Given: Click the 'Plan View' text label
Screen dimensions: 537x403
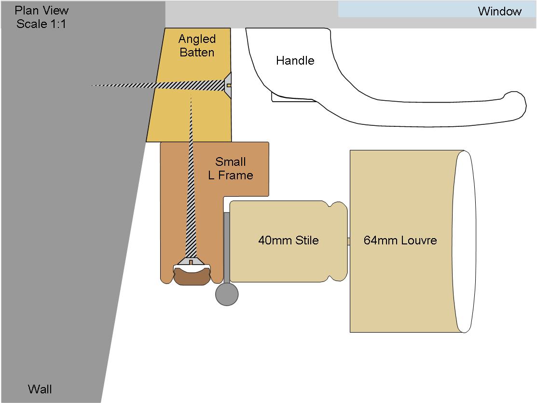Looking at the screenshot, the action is click(x=41, y=10).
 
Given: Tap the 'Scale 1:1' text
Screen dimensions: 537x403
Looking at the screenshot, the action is click(x=41, y=24).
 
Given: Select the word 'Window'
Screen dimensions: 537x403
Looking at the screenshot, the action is click(x=500, y=11).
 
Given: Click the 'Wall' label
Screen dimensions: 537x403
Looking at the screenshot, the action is click(x=40, y=389).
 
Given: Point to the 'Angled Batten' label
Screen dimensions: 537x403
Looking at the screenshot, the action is click(x=197, y=45).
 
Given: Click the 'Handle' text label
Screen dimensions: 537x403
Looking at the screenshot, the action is click(x=295, y=61).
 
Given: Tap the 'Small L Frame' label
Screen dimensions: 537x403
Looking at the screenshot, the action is click(x=231, y=168).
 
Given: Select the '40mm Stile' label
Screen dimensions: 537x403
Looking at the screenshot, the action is click(x=289, y=240).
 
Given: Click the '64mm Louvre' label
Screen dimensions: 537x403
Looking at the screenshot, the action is click(x=400, y=240).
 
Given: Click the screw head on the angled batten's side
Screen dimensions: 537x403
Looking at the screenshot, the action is click(x=228, y=85).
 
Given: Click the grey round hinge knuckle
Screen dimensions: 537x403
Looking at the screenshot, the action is click(x=227, y=294).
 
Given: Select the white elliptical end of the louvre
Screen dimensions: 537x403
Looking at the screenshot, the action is click(x=465, y=241).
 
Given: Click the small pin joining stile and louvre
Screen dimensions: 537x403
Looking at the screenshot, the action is click(x=349, y=241).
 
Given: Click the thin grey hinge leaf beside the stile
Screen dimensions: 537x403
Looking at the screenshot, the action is click(x=227, y=248).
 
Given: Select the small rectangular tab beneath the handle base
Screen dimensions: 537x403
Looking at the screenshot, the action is click(x=293, y=98).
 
